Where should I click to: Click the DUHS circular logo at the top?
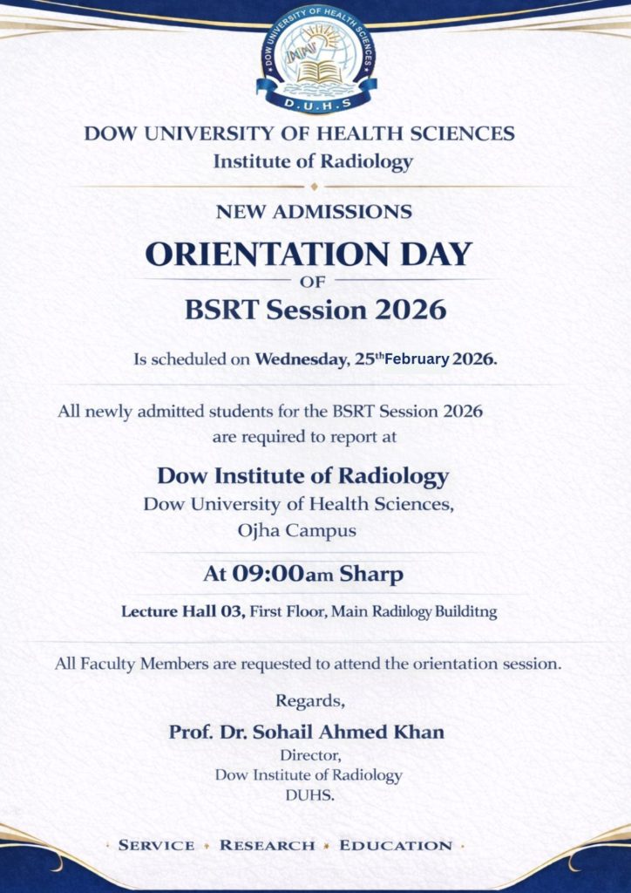coord(315,59)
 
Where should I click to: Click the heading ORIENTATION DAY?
coord(308,254)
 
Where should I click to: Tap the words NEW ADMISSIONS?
coord(314,211)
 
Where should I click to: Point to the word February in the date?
coord(417,358)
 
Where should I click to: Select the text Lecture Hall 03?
coord(182,611)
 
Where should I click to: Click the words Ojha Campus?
coord(296,529)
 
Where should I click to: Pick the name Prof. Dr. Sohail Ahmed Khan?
coord(307,732)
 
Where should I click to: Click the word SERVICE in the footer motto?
coord(157,845)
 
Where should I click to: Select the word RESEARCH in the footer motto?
coord(267,845)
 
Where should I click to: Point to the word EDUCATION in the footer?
coord(396,845)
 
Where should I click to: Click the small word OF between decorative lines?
coord(311,282)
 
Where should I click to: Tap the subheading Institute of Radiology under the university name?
coord(313,161)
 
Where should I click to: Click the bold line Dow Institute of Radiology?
coord(303,476)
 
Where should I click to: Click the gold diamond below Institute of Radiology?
coord(314,186)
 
